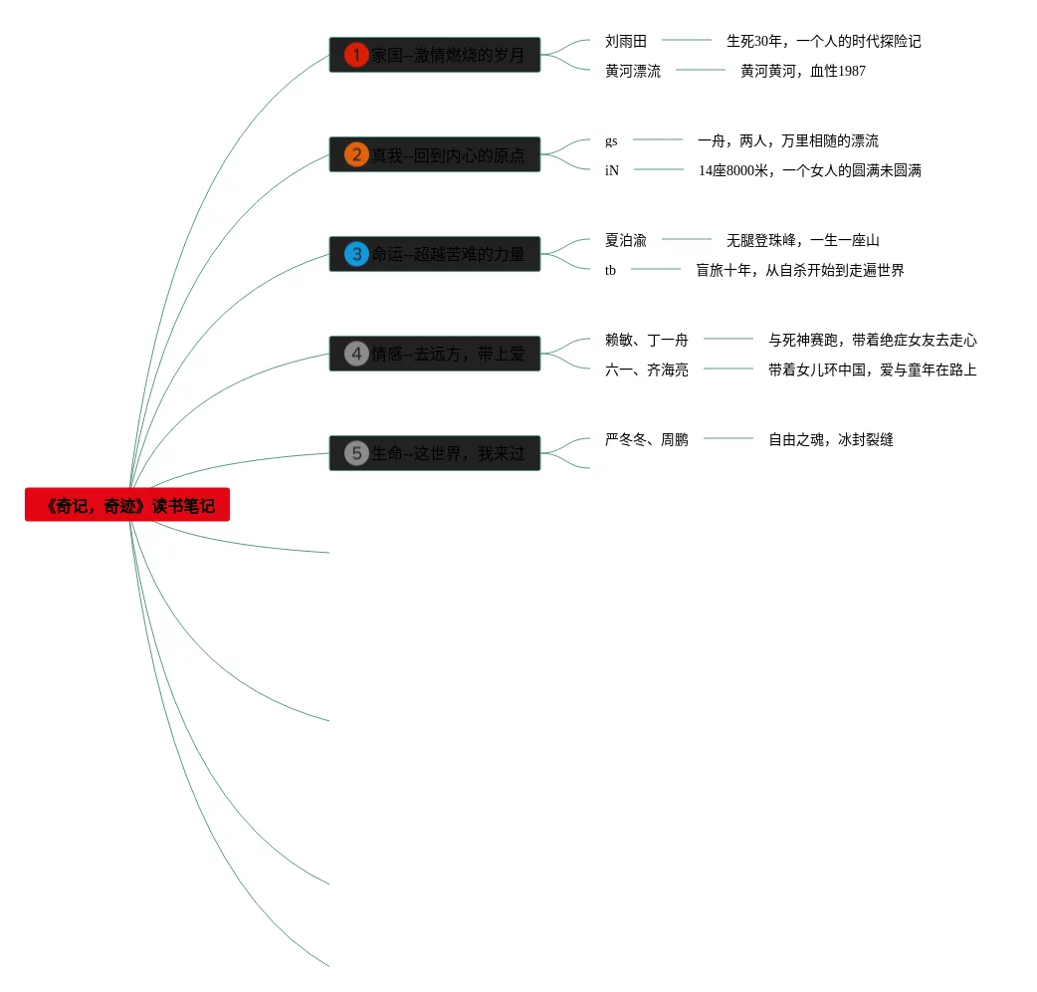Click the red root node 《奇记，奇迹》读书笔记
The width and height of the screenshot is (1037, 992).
coord(127,505)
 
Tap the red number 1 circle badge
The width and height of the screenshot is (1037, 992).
coord(356,55)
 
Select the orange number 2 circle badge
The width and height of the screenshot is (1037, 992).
coord(356,154)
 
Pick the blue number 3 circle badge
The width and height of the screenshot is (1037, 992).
coord(356,254)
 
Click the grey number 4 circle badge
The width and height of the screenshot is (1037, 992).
coord(356,354)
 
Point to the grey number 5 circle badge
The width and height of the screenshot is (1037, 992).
coord(356,453)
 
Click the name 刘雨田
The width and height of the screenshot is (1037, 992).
coord(626,41)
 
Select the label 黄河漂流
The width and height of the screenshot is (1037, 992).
coord(633,71)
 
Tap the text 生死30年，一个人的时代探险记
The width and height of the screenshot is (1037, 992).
coord(824,41)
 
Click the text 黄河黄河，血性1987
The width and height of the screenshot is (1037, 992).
coord(803,71)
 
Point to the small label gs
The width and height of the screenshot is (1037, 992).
coord(611,140)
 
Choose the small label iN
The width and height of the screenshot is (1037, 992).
coord(612,170)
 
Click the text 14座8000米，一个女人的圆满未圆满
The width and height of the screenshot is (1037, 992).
coord(810,170)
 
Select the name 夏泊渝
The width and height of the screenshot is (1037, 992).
coord(626,240)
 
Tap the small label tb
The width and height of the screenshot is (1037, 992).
coord(610,270)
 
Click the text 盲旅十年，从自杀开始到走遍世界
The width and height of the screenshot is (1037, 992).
coord(800,270)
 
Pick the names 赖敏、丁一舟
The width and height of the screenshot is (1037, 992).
coord(647,340)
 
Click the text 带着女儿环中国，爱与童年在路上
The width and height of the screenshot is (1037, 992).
coord(873,370)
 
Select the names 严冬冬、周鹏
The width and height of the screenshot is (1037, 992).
coord(647,439)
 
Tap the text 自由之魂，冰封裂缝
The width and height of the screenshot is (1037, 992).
coord(831,439)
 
